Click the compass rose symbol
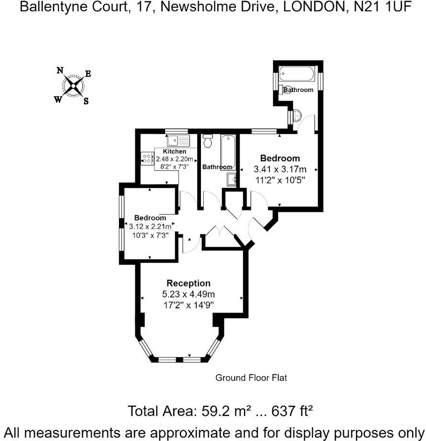pos(73,86)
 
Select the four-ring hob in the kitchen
pos(145,159)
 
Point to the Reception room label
pos(189,283)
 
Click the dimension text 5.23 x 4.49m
pos(189,294)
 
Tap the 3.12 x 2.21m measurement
pos(150,226)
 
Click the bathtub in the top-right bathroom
pos(297,74)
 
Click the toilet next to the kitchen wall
pos(208,141)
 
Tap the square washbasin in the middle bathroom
pos(232,179)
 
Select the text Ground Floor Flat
pos(251,378)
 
